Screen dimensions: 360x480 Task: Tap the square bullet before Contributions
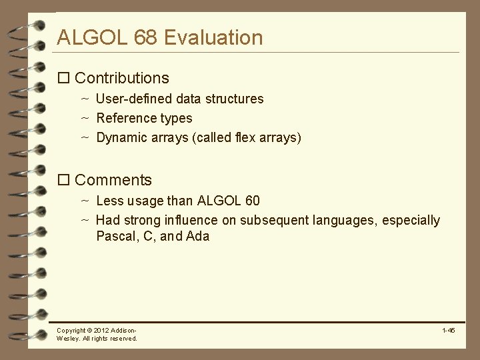(64, 79)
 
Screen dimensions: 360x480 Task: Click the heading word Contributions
(122, 78)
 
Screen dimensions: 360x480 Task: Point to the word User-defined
(134, 99)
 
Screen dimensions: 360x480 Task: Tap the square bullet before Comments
(64, 181)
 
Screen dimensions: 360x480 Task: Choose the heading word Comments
(113, 180)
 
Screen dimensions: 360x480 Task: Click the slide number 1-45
(448, 330)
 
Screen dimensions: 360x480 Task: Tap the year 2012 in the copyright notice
(100, 331)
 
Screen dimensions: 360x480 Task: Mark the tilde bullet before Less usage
(85, 200)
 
